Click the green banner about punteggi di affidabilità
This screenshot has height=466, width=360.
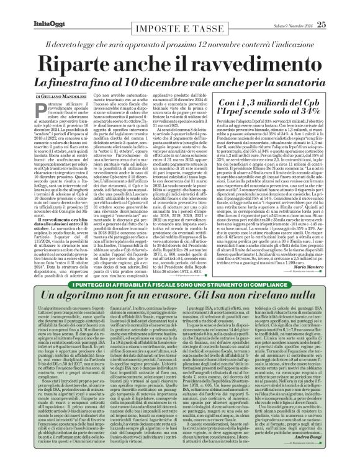[x=180, y=266]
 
